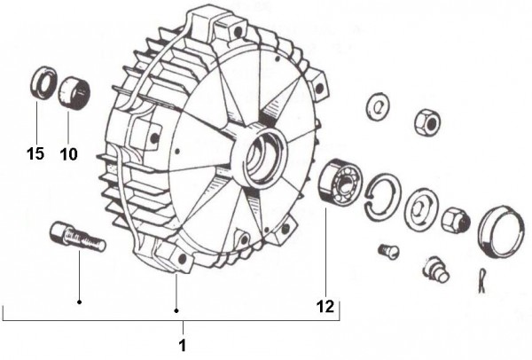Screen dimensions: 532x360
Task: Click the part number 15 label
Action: pyautogui.click(x=35, y=153)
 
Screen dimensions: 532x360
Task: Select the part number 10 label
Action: pyautogui.click(x=68, y=154)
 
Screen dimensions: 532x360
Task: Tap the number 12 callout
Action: pyautogui.click(x=325, y=307)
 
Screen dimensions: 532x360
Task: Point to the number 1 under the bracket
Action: pyautogui.click(x=183, y=346)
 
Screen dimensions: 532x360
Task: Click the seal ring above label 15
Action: pyautogui.click(x=43, y=83)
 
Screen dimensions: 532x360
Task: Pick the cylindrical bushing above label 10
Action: pyautogui.click(x=74, y=93)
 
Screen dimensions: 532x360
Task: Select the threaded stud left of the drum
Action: pyautogui.click(x=78, y=237)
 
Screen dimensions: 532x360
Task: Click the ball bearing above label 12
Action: pyautogui.click(x=340, y=181)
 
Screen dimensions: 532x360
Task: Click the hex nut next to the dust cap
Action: pyautogui.click(x=456, y=220)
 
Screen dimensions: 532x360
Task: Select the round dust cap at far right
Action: pyautogui.click(x=501, y=231)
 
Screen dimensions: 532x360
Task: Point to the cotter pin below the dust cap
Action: pyautogui.click(x=482, y=280)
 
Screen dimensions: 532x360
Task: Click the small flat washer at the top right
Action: pyautogui.click(x=378, y=106)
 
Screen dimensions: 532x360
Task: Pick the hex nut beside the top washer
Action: pyautogui.click(x=427, y=122)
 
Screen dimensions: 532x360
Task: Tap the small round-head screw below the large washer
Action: pyautogui.click(x=388, y=252)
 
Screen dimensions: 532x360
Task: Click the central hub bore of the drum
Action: pyautogui.click(x=263, y=156)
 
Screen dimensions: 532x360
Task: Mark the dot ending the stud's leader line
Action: pyautogui.click(x=79, y=301)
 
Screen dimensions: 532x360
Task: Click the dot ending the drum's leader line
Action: pyautogui.click(x=176, y=310)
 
